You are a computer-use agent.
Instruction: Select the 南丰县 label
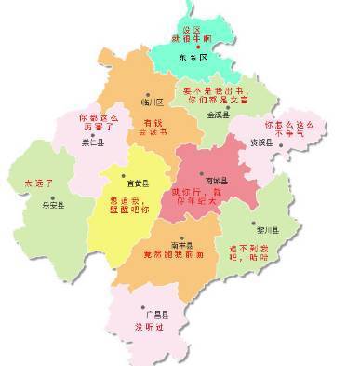pyautogui.click(x=180, y=241)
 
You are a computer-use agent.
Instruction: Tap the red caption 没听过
pyautogui.click(x=146, y=328)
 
